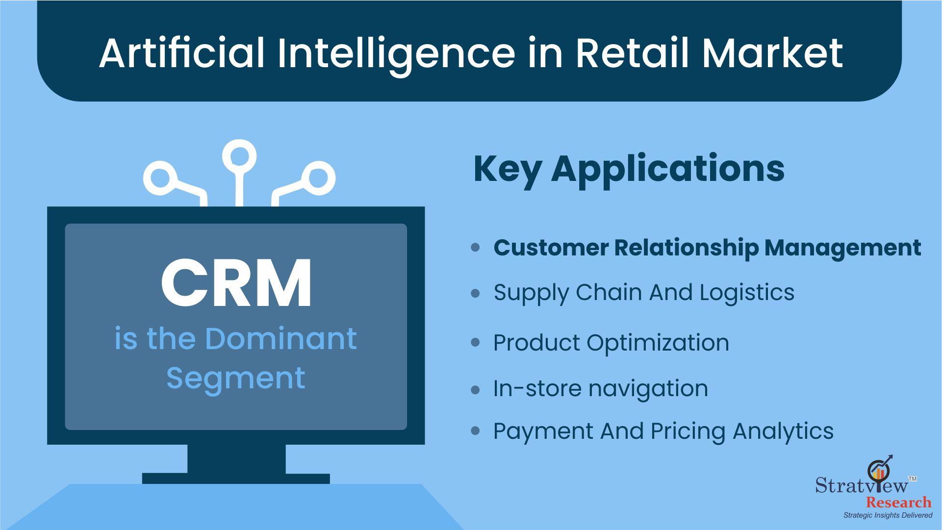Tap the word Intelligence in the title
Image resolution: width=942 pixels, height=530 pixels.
(397, 55)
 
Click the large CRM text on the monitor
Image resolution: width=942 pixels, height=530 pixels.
(236, 283)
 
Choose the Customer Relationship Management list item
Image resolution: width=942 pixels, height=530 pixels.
(707, 248)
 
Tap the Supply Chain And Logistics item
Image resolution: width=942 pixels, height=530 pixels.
(644, 293)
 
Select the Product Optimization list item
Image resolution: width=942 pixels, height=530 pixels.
(611, 343)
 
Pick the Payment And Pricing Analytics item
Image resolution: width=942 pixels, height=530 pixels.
(663, 432)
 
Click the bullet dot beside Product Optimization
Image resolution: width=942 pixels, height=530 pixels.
(475, 343)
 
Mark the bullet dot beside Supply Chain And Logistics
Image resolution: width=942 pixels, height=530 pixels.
(475, 293)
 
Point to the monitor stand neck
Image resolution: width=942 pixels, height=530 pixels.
(236, 459)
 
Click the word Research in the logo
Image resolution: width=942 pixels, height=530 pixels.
(898, 503)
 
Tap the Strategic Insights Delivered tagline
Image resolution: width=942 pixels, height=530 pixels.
(888, 515)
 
